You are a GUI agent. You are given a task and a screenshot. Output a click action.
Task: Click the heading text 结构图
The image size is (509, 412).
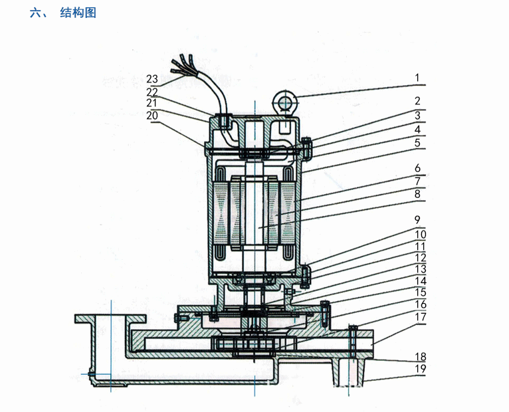[x=78, y=13]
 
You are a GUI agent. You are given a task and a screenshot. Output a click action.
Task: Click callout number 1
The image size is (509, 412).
[x=418, y=78]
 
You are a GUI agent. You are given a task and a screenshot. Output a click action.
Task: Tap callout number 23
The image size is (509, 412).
[x=152, y=78]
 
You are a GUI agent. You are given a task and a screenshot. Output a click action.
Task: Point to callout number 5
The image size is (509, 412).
[x=418, y=142]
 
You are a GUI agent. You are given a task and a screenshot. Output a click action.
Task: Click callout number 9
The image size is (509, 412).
[x=418, y=219]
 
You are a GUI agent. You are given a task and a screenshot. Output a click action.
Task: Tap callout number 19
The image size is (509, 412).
[x=418, y=368]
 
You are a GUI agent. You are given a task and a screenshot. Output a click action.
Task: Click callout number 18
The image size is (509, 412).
[x=418, y=356]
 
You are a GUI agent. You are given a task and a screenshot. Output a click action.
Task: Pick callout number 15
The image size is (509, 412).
[x=418, y=292]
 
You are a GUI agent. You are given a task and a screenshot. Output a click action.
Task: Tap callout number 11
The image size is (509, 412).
[x=418, y=245]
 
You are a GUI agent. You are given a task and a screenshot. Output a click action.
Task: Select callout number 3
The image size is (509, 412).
[x=418, y=115]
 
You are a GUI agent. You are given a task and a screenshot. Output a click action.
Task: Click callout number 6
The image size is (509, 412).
[x=418, y=169]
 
